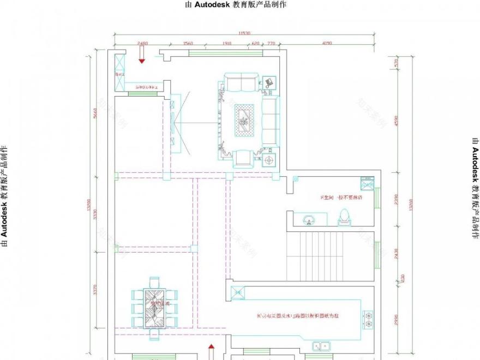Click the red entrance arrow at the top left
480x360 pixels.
pos(142,56)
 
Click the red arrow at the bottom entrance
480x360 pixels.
pos(212,351)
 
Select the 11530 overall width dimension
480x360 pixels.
pos(244,34)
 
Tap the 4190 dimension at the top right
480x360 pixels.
pos(327,43)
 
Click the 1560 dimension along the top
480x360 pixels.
pos(188,43)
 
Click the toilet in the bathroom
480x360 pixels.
pos(344,217)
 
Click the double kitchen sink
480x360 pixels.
pos(321,345)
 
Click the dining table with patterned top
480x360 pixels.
pos(155,309)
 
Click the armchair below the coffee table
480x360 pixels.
pos(243,158)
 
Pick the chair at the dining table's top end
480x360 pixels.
pos(155,282)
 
